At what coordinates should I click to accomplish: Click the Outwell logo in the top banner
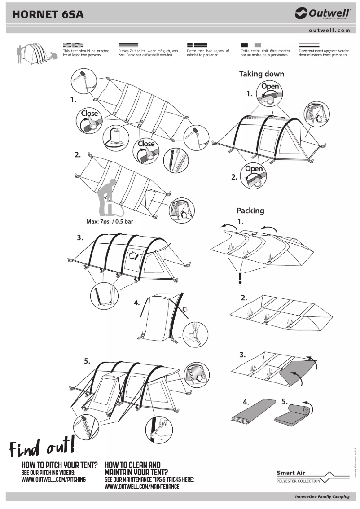[322, 14]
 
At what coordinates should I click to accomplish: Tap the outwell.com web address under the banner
[329, 31]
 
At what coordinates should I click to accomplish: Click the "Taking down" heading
[261, 74]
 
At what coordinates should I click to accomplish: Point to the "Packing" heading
[250, 211]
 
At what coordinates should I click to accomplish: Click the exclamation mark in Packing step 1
[241, 278]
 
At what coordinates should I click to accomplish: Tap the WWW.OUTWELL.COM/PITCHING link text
[53, 479]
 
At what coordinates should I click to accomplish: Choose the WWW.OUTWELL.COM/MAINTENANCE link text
[141, 487]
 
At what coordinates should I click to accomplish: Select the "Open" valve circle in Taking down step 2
[254, 176]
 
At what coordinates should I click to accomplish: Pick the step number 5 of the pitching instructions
[87, 360]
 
